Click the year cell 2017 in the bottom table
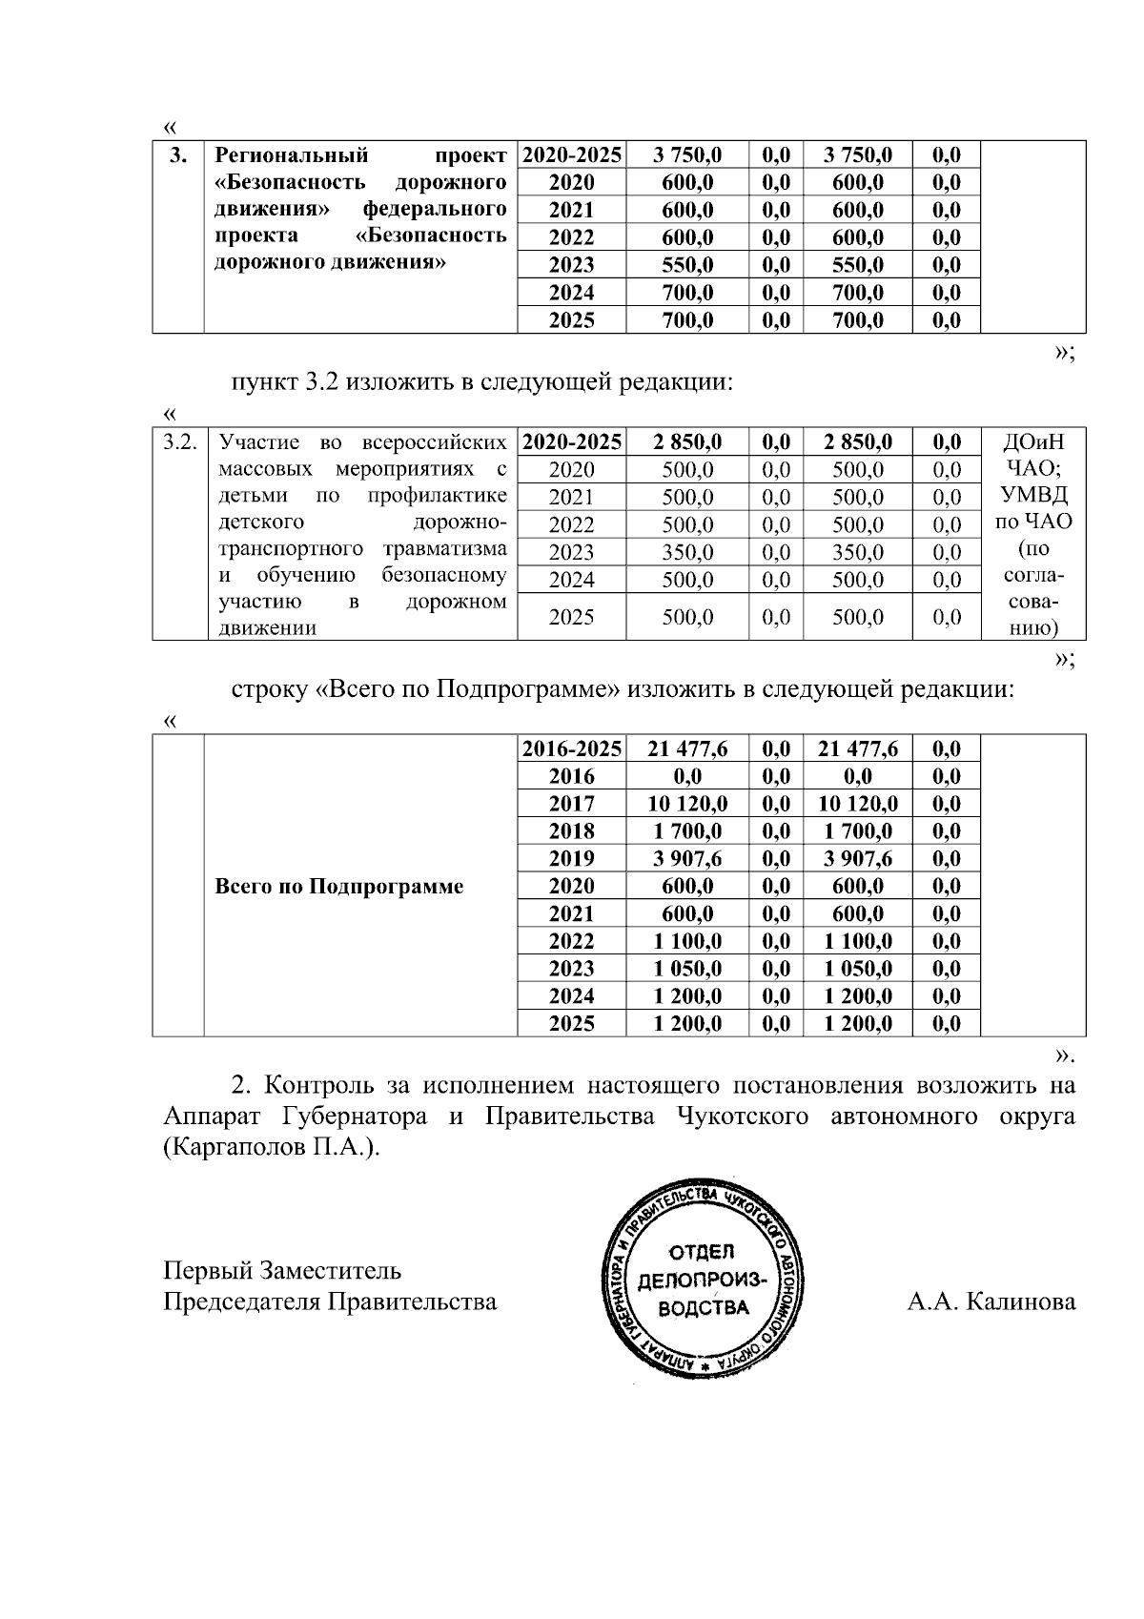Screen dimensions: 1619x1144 point(571,804)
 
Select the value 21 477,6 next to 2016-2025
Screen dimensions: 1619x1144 point(687,748)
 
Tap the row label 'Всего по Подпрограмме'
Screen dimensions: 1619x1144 point(339,887)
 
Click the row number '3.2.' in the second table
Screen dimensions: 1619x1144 point(179,441)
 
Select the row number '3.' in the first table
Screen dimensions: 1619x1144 point(178,155)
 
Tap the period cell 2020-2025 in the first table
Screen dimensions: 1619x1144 point(571,155)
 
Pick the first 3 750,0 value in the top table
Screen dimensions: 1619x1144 point(687,155)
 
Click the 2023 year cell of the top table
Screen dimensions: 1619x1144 point(571,265)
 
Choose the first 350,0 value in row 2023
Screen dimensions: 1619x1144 point(687,552)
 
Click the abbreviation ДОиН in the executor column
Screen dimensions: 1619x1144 point(1034,441)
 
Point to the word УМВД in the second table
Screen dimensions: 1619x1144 point(1034,495)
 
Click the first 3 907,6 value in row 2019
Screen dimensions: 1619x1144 point(687,858)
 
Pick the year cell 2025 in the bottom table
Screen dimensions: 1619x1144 point(571,1024)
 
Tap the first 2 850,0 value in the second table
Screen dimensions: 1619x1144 point(687,441)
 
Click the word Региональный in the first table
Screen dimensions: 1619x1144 point(292,155)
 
